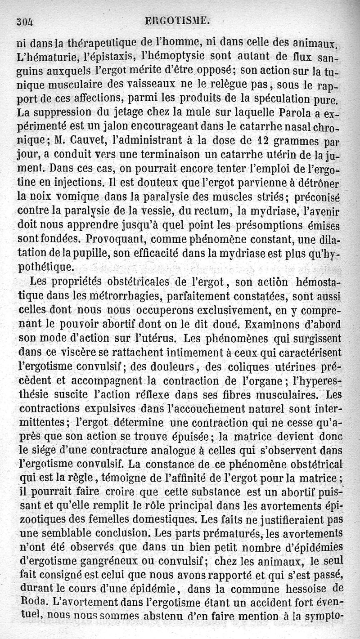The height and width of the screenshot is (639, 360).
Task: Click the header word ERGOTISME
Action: coord(178,21)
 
